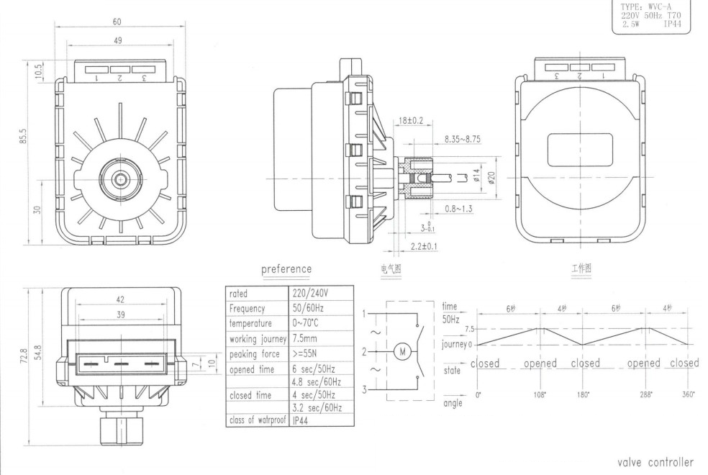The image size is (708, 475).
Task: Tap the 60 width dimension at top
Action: click(x=117, y=22)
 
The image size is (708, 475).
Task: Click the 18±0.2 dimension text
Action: click(x=412, y=122)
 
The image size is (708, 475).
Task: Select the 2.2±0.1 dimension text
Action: click(x=424, y=247)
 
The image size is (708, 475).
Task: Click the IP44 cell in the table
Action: click(x=302, y=421)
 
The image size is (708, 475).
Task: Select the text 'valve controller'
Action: click(x=655, y=462)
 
